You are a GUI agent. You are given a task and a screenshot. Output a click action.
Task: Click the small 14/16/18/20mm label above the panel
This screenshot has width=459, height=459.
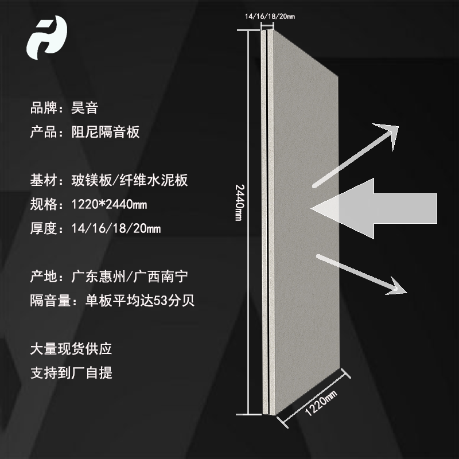point(270,17)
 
